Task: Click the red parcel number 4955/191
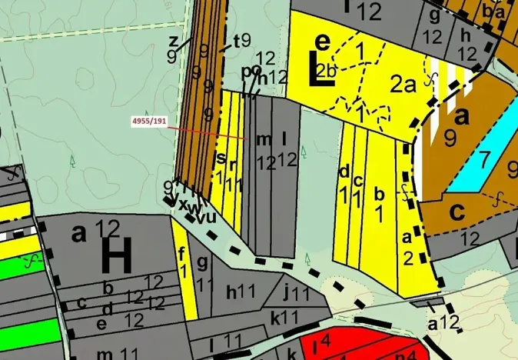(149, 122)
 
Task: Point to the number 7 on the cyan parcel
(483, 160)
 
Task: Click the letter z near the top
(174, 41)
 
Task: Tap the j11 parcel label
(295, 292)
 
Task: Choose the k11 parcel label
(284, 316)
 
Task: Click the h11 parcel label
(240, 292)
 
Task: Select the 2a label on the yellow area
(402, 85)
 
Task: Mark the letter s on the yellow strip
(221, 159)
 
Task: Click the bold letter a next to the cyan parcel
(461, 116)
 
